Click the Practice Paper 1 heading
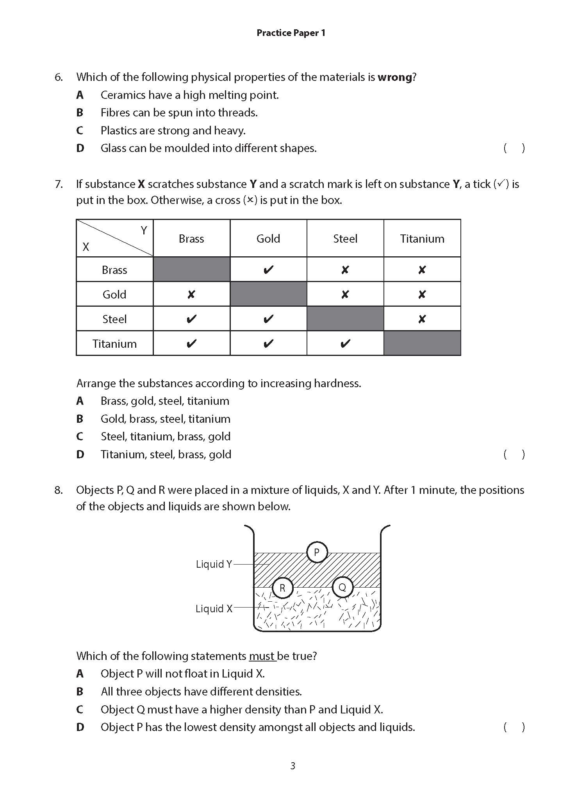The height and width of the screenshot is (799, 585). (291, 33)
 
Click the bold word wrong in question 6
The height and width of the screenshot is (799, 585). (394, 77)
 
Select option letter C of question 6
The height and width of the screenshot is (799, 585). (80, 130)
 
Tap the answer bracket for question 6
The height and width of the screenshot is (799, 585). (514, 148)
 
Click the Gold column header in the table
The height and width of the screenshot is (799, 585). (268, 239)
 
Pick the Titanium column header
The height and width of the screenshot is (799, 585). (422, 239)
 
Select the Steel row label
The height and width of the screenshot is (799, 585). (114, 319)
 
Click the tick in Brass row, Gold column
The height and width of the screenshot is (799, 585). (268, 270)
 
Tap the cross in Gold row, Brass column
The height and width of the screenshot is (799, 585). (191, 295)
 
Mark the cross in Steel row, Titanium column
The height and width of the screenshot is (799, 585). (422, 319)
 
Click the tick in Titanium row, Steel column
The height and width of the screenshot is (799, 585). (345, 344)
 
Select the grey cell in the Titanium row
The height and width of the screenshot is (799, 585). (422, 343)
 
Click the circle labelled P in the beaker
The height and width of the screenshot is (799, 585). (317, 552)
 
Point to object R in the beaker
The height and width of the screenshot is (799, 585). (282, 588)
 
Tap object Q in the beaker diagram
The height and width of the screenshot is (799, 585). (342, 587)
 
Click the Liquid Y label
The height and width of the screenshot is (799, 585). (214, 564)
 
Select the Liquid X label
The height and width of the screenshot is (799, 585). (214, 609)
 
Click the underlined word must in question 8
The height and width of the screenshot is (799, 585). (262, 656)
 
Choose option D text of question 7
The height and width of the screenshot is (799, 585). (166, 454)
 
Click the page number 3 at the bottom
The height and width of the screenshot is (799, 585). (292, 766)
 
